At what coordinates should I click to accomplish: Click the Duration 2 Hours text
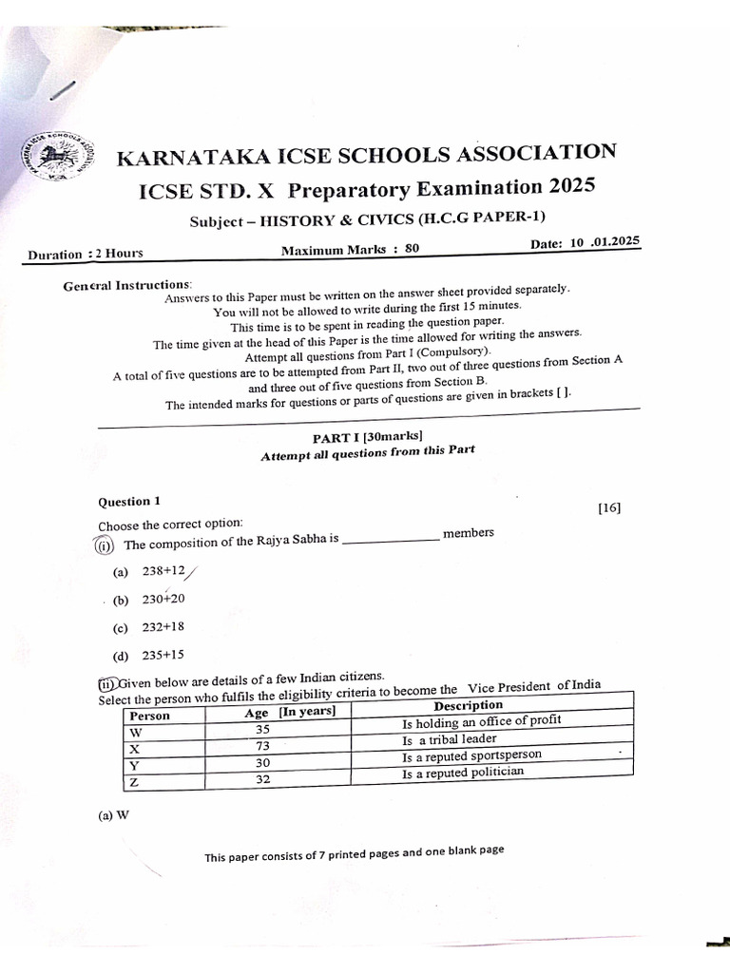[x=86, y=254]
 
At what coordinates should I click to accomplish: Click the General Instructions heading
[x=126, y=285]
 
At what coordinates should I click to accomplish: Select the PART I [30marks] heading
[x=368, y=436]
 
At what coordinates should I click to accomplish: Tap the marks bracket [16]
[x=608, y=507]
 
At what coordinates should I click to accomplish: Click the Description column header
[x=468, y=705]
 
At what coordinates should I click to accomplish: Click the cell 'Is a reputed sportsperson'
[x=471, y=756]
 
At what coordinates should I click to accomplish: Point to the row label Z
[x=134, y=781]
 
